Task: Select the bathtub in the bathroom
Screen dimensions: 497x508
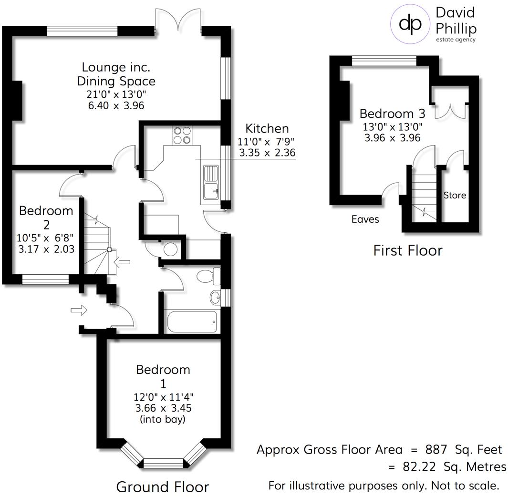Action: (192, 322)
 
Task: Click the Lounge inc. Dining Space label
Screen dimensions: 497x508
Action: (118, 74)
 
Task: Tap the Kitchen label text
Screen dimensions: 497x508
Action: (267, 128)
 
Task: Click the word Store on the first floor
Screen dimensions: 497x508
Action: (455, 195)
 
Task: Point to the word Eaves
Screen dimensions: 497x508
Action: (365, 219)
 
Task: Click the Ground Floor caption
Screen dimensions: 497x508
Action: (162, 487)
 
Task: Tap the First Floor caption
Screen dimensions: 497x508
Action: (407, 250)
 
